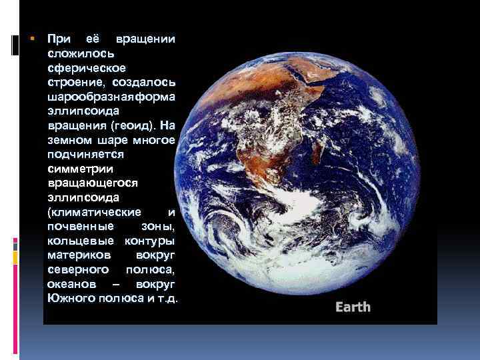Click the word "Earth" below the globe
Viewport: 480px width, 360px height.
tap(353, 307)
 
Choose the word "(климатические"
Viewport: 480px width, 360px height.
tap(94, 212)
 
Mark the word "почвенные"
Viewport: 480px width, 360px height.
tap(75, 227)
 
